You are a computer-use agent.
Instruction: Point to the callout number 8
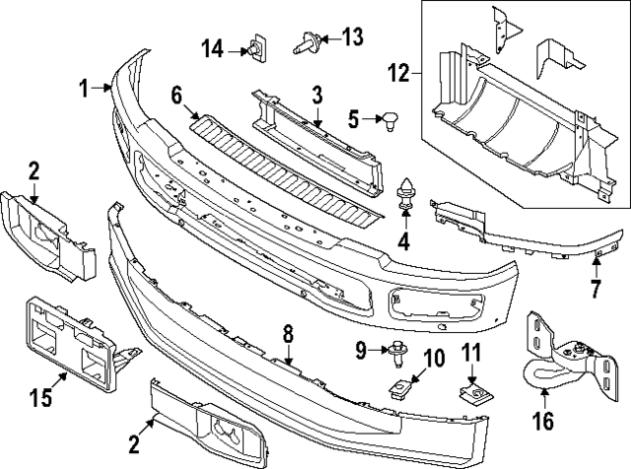[x=289, y=335]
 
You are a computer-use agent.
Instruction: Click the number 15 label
[x=38, y=399]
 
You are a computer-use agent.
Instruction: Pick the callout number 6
[x=176, y=95]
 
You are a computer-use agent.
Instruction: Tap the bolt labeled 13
[x=306, y=41]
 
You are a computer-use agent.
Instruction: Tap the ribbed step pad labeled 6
[x=286, y=163]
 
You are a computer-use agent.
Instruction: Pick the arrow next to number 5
[x=370, y=120]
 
